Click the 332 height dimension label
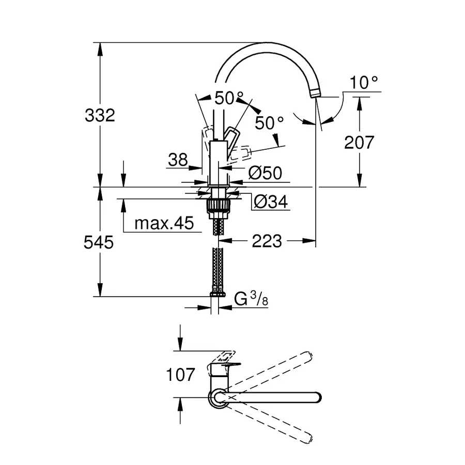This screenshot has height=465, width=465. (100, 115)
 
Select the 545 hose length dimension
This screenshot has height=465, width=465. (100, 242)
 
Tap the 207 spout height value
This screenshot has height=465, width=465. (358, 142)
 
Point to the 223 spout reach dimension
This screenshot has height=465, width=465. (267, 240)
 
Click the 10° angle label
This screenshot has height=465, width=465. (364, 83)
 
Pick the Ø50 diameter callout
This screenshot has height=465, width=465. (265, 173)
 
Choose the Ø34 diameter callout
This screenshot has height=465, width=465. (269, 202)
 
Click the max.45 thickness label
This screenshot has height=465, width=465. (163, 223)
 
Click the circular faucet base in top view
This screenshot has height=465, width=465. (216, 398)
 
